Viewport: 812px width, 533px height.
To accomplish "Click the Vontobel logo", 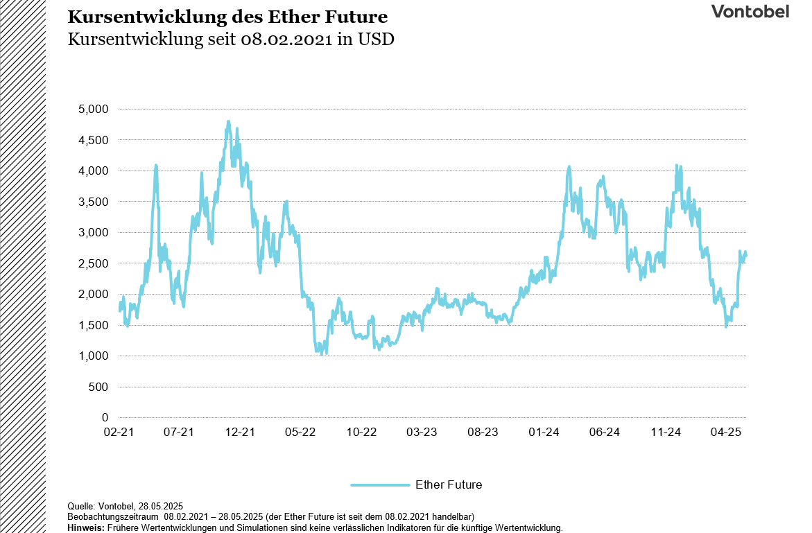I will (x=750, y=12).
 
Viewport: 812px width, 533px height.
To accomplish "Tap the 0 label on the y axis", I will (x=105, y=417).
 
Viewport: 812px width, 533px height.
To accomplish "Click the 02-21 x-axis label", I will (x=118, y=432).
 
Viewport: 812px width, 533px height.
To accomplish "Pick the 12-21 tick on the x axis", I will (x=240, y=432).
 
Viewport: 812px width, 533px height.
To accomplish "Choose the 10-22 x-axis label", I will (x=361, y=432).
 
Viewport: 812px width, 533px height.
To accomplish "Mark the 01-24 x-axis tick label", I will (x=544, y=432).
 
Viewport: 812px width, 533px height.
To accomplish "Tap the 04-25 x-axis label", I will (x=727, y=432).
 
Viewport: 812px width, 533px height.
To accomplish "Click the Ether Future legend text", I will (x=449, y=484).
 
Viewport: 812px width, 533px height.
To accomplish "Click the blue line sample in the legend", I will (x=380, y=484).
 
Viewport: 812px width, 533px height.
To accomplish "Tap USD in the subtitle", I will (x=376, y=39).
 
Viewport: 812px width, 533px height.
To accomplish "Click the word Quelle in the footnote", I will (x=80, y=507).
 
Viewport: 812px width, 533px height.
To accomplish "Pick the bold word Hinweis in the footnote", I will (x=85, y=528).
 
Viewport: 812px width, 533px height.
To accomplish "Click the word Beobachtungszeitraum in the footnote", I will (x=114, y=517).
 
